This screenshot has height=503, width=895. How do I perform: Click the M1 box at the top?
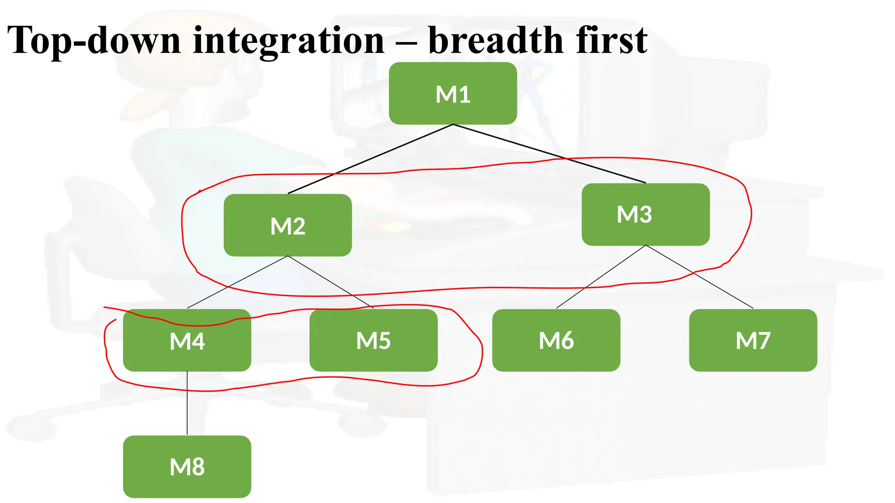[x=453, y=93]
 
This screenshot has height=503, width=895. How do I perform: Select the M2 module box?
[x=288, y=225]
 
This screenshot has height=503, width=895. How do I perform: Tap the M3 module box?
[x=645, y=214]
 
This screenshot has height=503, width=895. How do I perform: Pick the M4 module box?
[x=187, y=341]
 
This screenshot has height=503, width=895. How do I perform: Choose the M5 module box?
[x=373, y=341]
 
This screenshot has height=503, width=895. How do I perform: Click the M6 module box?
[x=556, y=341]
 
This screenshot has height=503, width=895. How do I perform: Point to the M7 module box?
[x=753, y=341]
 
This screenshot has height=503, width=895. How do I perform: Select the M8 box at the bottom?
[x=187, y=466]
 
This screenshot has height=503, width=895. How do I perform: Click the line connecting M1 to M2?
[x=371, y=159]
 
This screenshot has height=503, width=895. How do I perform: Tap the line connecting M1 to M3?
[x=549, y=153]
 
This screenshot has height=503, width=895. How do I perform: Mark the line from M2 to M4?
[x=237, y=282]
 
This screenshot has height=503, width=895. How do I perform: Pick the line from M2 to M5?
[x=330, y=282]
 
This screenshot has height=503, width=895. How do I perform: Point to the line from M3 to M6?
[x=601, y=277]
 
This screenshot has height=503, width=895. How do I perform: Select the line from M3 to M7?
[x=699, y=277]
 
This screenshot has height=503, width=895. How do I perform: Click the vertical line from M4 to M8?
[x=187, y=403]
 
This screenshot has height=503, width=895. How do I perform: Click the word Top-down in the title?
[x=94, y=41]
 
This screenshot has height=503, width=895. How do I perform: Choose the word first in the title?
[x=612, y=41]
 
